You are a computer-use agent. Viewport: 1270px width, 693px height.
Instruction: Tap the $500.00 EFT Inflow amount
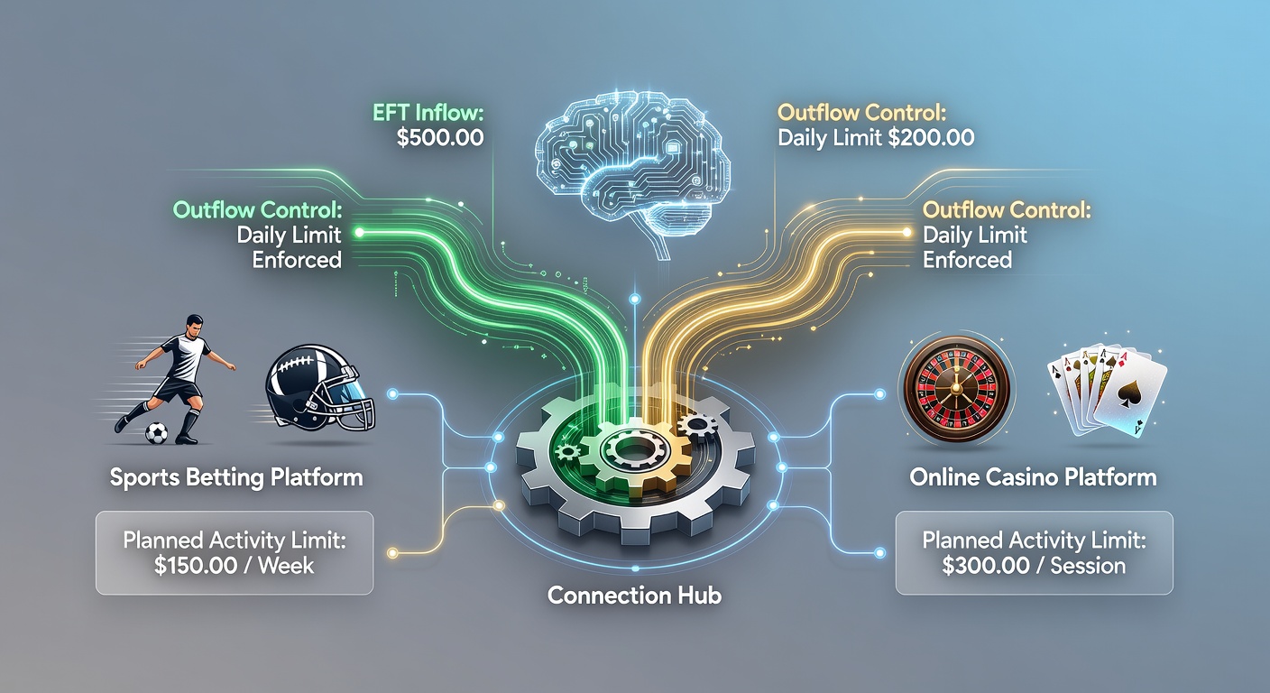click(440, 138)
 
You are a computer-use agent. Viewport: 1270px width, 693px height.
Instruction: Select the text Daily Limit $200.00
click(876, 138)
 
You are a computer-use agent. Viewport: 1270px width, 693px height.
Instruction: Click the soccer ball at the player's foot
click(156, 434)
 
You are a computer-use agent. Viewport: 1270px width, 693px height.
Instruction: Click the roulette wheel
click(956, 389)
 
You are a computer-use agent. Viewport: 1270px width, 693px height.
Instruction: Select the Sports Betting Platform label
click(236, 477)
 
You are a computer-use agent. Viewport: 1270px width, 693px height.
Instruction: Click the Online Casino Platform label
click(1033, 477)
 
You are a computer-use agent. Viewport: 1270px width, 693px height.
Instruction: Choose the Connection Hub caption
click(634, 596)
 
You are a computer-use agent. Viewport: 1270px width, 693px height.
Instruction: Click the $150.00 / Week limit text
click(234, 566)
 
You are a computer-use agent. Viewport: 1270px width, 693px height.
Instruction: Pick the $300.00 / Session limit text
click(1034, 566)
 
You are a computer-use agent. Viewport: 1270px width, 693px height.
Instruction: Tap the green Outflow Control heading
click(257, 210)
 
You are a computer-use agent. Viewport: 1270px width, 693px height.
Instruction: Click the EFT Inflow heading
click(428, 113)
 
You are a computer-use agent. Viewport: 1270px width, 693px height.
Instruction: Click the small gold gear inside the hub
click(697, 425)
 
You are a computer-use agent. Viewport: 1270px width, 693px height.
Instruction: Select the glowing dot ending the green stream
click(359, 233)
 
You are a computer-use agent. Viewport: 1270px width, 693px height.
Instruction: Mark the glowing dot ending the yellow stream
click(906, 233)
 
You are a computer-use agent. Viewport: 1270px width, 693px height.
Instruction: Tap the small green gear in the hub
click(567, 452)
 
